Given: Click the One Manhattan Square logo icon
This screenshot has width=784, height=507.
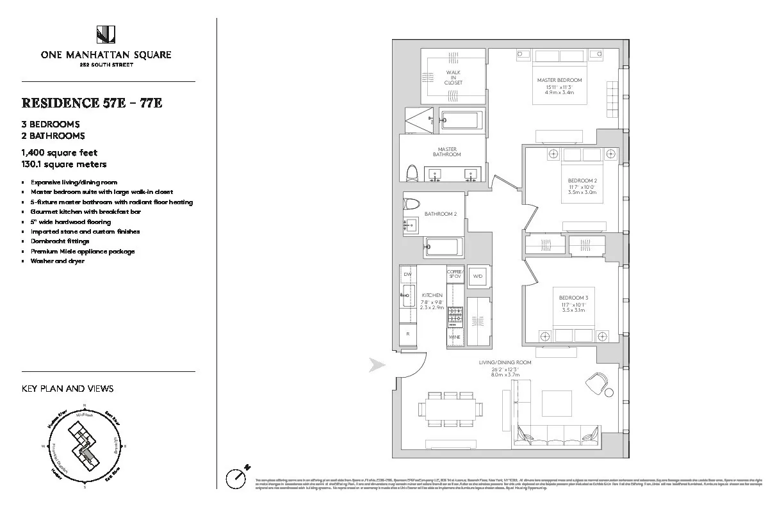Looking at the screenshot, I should pos(106,35).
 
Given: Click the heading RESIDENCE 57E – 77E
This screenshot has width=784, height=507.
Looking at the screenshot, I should pos(92,103).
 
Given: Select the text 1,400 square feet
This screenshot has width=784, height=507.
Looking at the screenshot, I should pos(59,153).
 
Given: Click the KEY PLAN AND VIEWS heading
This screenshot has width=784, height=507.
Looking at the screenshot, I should pos(67,389).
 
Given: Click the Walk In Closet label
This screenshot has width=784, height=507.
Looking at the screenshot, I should pos(453,77).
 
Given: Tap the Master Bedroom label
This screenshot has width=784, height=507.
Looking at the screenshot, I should pos(559,80).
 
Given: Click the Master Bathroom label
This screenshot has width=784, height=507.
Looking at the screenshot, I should pos(447,152).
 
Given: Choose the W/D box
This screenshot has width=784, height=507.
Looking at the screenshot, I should pos(477,277).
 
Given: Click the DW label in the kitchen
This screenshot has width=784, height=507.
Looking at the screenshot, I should pos(407,274).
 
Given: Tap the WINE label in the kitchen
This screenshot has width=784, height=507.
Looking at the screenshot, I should pos(454,337).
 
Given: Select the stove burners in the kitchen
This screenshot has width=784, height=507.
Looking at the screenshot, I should pos(454,316).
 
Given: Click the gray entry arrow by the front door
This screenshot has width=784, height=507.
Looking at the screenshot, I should pos(377,366).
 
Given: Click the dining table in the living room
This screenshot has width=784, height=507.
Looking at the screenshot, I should pos(451,409).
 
